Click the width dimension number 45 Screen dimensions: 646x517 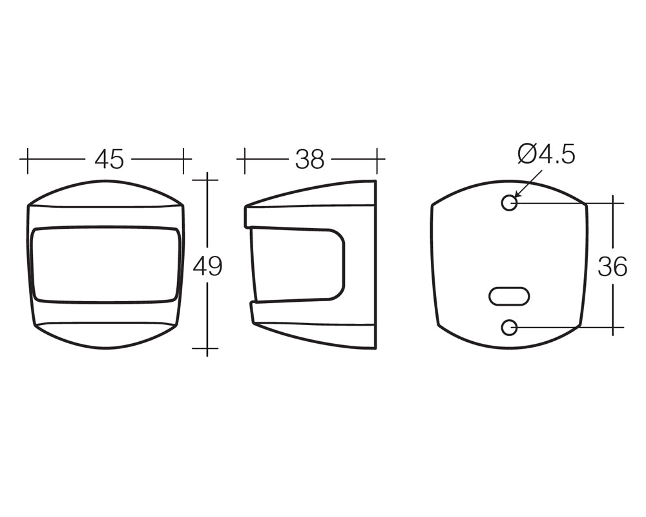pyautogui.click(x=109, y=159)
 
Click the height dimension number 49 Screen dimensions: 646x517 pyautogui.click(x=207, y=266)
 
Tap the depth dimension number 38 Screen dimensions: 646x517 pyautogui.click(x=310, y=159)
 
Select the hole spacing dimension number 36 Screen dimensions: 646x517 pyautogui.click(x=612, y=266)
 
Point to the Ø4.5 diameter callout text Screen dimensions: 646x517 pyautogui.click(x=547, y=155)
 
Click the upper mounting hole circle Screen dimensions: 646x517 pyautogui.click(x=510, y=203)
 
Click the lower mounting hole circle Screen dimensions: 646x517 pyautogui.click(x=510, y=328)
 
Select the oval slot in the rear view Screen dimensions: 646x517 pyautogui.click(x=509, y=297)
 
